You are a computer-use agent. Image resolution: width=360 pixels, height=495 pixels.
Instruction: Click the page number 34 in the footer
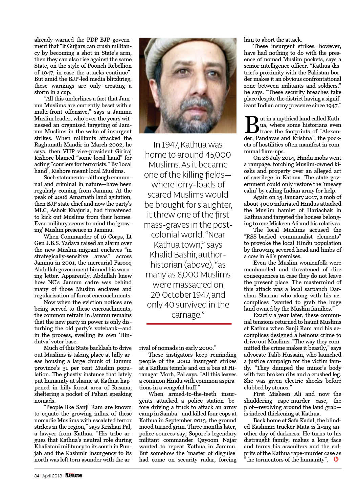(37, 475)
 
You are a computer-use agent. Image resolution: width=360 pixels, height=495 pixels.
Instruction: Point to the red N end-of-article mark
(336, 459)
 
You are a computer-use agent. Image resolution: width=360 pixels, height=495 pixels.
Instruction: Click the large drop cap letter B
(251, 125)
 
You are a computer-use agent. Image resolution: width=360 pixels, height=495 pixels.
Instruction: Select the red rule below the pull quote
(189, 324)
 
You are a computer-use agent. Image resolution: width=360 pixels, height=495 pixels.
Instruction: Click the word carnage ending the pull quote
(185, 315)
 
